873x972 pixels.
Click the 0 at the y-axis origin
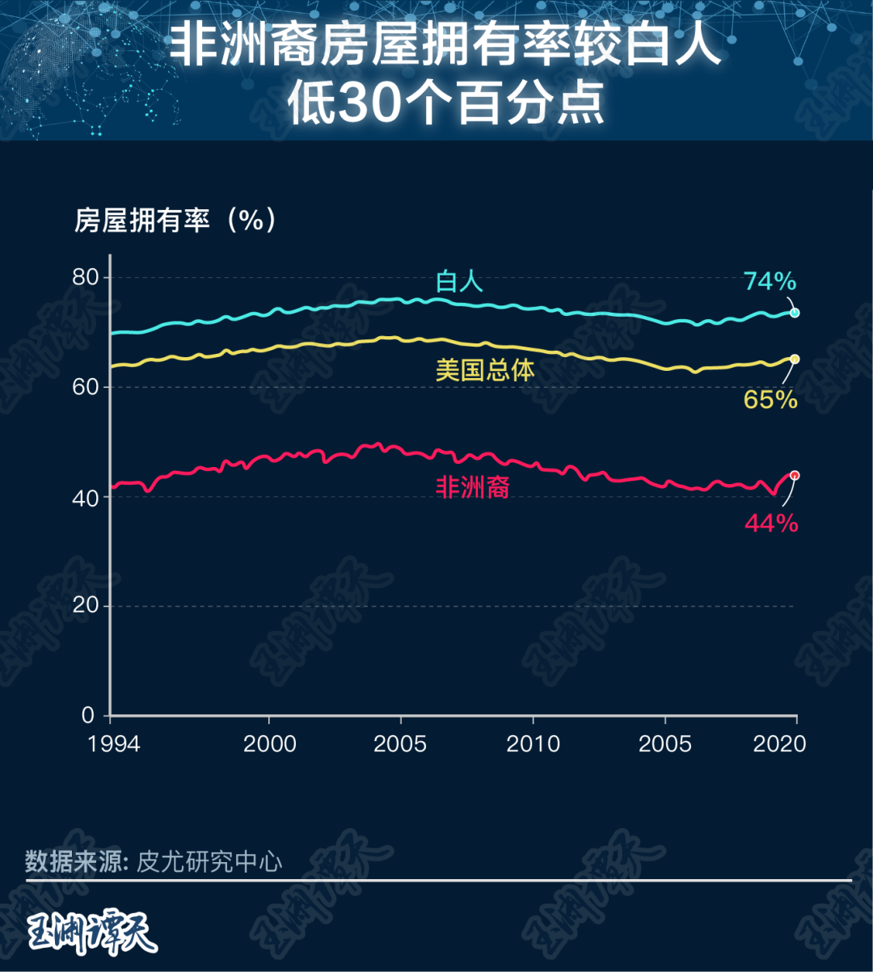[x=88, y=715]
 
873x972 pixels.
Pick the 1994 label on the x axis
[x=114, y=743]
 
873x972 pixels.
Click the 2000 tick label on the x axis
[x=269, y=743]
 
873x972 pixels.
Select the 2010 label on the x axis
[x=533, y=743]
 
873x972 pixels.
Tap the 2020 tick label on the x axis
[x=779, y=743]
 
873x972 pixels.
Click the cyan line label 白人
[x=459, y=281]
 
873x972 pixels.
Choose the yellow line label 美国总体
[x=485, y=370]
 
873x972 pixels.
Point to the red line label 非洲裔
[x=472, y=487]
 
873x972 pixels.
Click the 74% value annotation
[x=770, y=281]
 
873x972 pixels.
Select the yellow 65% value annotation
[x=770, y=399]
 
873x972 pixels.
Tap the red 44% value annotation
[x=771, y=524]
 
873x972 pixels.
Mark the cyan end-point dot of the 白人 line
[x=795, y=313]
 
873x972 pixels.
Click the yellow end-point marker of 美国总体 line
[x=795, y=359]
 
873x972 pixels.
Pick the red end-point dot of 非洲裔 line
[x=795, y=475]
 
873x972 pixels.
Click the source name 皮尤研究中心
[x=209, y=861]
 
